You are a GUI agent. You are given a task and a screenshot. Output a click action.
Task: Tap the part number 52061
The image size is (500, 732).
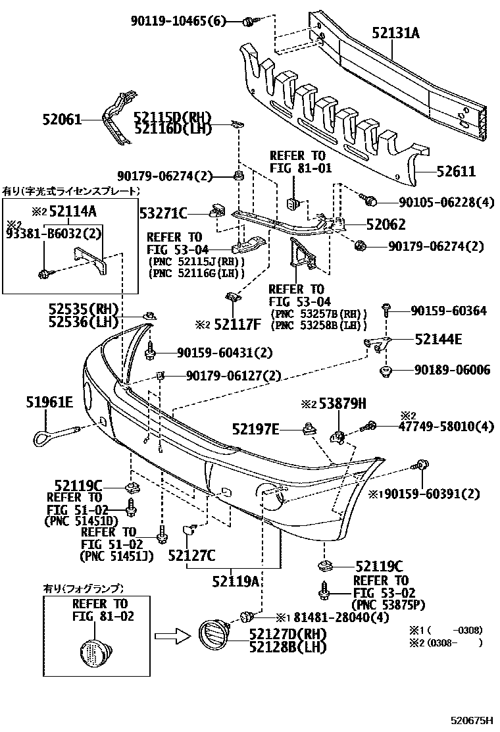click(x=62, y=120)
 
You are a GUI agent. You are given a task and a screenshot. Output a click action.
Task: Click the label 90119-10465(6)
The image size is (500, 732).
click(x=177, y=21)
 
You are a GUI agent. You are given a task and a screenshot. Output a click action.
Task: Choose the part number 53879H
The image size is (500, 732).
click(x=342, y=404)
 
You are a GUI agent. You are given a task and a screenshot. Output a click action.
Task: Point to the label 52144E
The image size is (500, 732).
click(x=438, y=340)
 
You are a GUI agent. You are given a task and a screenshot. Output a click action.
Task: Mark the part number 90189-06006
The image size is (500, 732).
click(x=451, y=371)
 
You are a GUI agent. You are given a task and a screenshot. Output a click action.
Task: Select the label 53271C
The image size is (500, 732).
click(x=164, y=213)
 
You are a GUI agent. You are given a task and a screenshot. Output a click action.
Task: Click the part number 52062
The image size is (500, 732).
click(x=386, y=224)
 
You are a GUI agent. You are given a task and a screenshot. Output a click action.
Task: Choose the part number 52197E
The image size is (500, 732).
click(x=255, y=431)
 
